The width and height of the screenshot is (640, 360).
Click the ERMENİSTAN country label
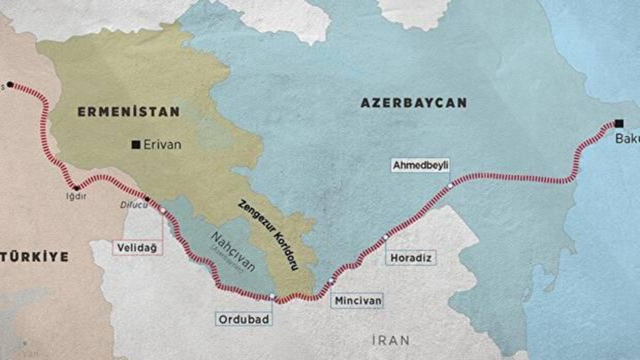128,112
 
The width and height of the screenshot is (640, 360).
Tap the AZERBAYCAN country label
413,103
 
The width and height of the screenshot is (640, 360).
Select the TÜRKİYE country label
34,257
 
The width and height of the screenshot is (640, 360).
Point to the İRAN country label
390,340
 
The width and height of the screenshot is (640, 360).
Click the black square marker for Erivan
135,145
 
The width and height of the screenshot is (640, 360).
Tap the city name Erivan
162,145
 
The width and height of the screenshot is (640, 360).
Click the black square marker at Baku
619,123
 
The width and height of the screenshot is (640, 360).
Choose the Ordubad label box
244,319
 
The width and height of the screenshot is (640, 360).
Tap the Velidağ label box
137,247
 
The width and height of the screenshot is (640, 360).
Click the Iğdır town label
76,196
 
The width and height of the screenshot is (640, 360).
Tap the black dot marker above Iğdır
76,188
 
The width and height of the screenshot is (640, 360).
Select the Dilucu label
131,204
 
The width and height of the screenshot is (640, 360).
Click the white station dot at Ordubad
271,296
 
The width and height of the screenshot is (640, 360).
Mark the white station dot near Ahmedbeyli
450,185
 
